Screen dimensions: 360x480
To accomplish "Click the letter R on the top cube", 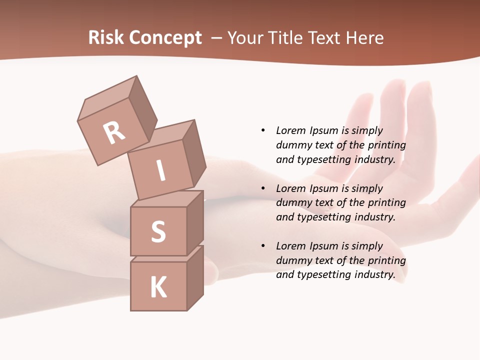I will click(x=114, y=133).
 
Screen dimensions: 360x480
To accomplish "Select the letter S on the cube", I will click(x=158, y=231).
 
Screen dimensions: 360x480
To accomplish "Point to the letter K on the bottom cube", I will click(x=158, y=288).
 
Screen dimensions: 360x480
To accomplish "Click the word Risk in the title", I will click(x=105, y=37).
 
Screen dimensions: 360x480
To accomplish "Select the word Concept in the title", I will click(x=164, y=38).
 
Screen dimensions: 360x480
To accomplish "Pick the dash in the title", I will click(x=216, y=38).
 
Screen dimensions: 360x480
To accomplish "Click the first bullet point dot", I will click(x=263, y=130).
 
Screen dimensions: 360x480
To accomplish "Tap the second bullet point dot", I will click(x=263, y=188).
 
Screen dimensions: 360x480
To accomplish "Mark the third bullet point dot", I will click(x=263, y=246).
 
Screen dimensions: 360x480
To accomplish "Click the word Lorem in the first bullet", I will click(x=290, y=130).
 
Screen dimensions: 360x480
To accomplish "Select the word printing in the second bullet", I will click(x=386, y=202).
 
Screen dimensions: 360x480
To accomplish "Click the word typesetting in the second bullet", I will click(x=324, y=217).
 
